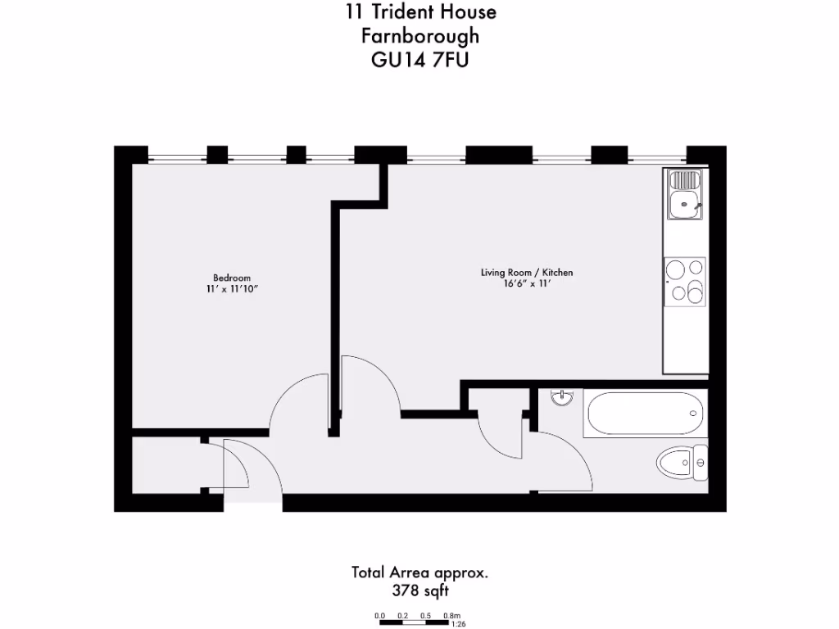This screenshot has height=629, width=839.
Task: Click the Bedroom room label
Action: click(x=232, y=278)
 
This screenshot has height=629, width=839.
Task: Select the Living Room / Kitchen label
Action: click(x=527, y=273)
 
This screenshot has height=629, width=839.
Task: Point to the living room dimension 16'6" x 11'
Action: click(x=527, y=284)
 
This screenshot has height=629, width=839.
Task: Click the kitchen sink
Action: click(x=684, y=195)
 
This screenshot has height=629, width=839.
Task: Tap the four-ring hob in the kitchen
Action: click(x=685, y=280)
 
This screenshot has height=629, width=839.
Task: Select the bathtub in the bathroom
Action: click(x=644, y=414)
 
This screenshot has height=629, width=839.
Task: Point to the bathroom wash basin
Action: click(x=563, y=398)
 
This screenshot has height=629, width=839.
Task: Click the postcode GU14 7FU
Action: click(x=419, y=60)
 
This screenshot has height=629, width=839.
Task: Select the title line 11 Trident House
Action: click(x=419, y=12)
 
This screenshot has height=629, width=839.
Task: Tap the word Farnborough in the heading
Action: click(x=419, y=36)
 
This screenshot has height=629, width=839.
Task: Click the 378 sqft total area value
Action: click(x=419, y=590)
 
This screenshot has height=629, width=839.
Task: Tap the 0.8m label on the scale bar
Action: click(x=451, y=615)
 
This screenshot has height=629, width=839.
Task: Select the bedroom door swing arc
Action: click(x=295, y=397)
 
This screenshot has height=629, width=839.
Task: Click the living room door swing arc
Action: click(x=373, y=381)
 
